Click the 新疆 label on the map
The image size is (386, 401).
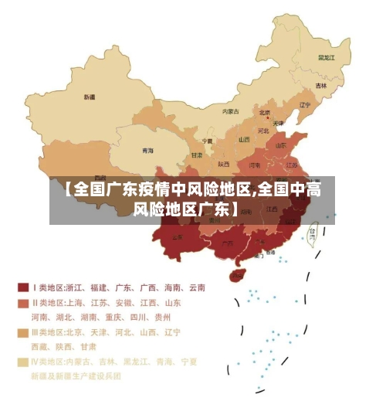coord(90,97)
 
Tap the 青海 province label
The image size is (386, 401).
coord(147,151)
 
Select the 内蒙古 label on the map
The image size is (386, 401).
coord(230,111)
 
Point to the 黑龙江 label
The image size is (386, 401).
coord(326,57)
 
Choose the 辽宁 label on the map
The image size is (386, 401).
coord(304,105)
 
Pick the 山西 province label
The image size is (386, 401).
coord(244,140)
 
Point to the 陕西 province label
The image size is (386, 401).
coord(224,164)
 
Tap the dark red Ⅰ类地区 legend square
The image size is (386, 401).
coord(23,287)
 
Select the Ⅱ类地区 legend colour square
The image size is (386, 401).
coord(23,303)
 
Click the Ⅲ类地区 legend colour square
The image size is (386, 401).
coord(23,332)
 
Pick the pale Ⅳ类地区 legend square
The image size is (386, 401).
coord(23,362)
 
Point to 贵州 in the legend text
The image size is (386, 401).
coord(162,317)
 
